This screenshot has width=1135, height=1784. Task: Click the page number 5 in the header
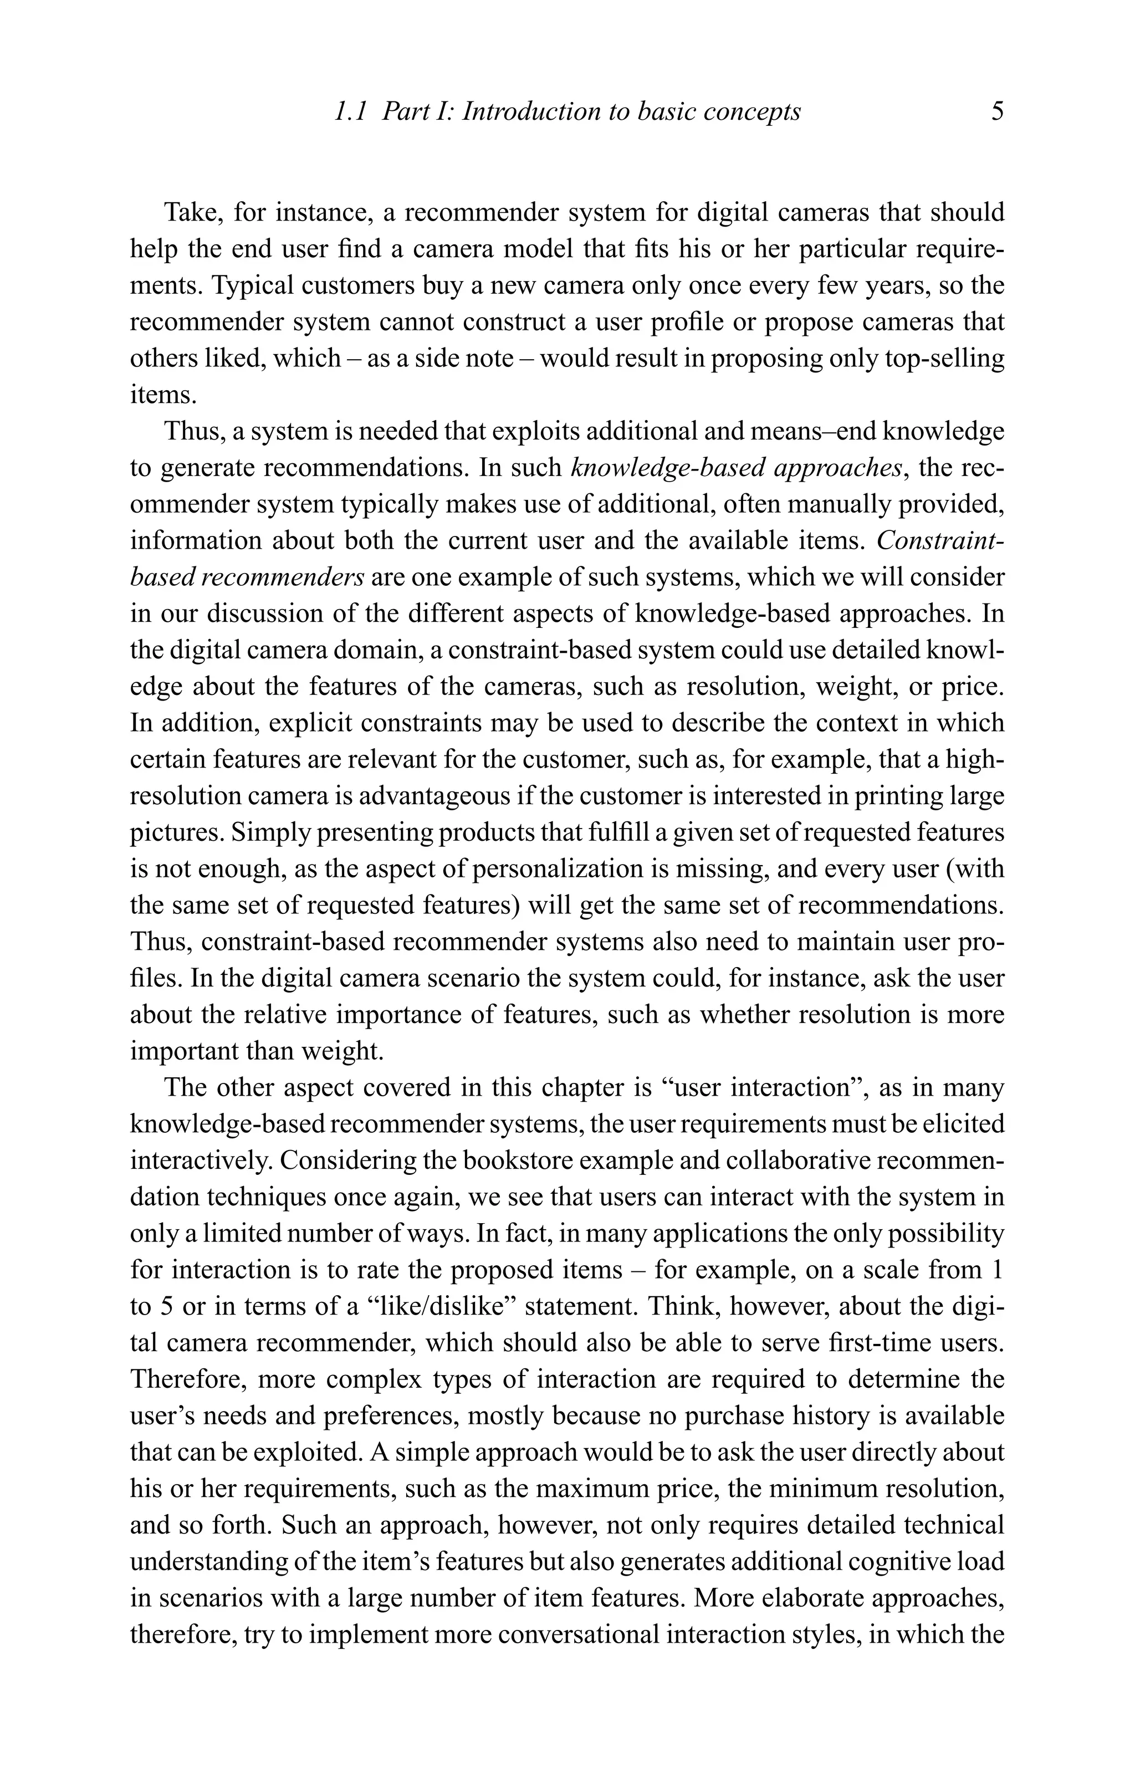996,112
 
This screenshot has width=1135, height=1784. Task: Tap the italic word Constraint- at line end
940,541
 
